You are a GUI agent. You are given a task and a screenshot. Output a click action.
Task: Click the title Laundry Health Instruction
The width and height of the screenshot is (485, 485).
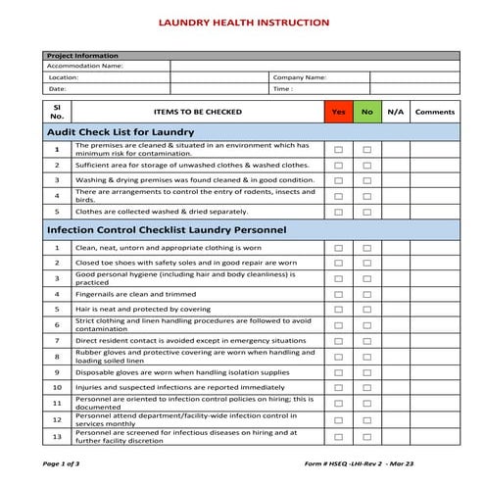point(242,22)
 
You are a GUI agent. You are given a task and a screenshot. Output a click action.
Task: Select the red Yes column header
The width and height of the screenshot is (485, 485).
point(339,112)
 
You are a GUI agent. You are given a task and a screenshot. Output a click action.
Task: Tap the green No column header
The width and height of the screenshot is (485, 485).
point(367,112)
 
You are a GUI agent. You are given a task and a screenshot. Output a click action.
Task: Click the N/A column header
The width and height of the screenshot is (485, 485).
point(395,112)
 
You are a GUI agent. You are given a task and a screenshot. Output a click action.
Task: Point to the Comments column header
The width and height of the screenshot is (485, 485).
point(435,112)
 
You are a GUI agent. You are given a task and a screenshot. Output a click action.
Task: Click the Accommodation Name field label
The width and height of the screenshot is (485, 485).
point(86,66)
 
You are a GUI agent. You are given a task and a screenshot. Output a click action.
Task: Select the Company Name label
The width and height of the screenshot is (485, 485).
point(300,76)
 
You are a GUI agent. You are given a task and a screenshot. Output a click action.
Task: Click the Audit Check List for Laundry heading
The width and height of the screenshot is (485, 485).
point(121,131)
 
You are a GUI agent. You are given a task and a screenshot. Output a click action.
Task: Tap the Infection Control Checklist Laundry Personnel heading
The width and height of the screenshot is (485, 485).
point(167,230)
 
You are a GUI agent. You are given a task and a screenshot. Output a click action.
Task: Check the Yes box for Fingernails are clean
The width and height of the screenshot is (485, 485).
point(339,294)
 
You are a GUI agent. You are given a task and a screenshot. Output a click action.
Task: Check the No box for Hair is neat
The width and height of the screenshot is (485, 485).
point(367,309)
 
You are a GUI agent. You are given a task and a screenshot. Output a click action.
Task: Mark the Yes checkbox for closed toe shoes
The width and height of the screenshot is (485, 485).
point(339,263)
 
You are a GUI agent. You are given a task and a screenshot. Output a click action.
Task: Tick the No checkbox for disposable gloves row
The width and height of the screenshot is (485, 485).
point(367,372)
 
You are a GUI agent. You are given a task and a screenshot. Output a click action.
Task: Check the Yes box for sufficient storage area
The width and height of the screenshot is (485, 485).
point(339,166)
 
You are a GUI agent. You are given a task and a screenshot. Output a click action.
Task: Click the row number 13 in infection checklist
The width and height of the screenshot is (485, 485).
point(57,435)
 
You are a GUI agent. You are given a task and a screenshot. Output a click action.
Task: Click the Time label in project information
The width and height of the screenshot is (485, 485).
point(282,87)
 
